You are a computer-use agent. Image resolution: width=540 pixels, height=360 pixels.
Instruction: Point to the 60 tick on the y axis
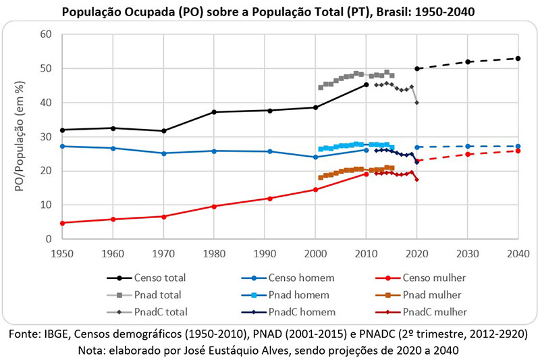click(x=47, y=34)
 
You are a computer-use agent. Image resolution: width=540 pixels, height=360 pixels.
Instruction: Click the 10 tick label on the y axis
click(x=47, y=205)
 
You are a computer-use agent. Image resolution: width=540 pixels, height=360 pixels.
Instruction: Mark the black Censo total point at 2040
click(x=518, y=59)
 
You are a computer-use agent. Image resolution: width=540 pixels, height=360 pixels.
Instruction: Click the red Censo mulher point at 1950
click(x=61, y=223)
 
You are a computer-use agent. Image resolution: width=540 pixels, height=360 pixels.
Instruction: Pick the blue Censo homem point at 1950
click(x=61, y=146)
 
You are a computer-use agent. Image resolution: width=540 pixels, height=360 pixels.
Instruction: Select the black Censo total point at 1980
click(x=213, y=112)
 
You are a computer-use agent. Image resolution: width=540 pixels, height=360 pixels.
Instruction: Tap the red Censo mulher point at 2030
click(x=467, y=154)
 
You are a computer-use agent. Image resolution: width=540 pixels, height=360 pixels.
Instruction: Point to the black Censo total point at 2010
click(x=366, y=84)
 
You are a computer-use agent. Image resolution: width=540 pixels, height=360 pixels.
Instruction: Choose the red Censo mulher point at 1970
click(x=163, y=216)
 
